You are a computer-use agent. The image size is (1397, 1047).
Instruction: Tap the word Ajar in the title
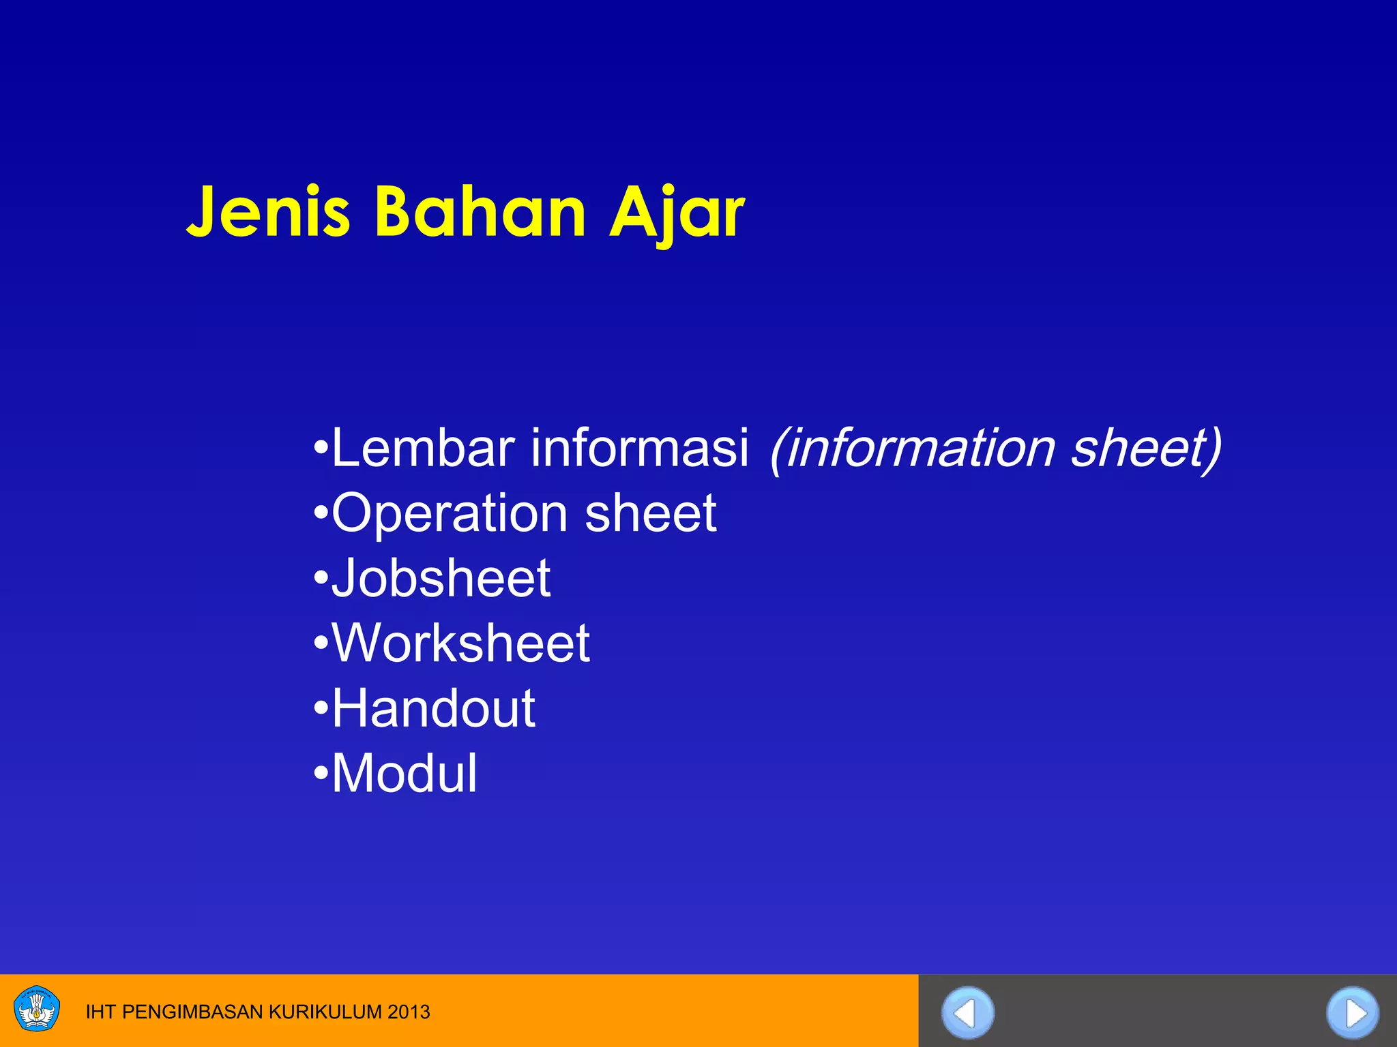tap(677, 213)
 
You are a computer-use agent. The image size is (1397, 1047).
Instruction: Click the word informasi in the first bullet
tap(640, 448)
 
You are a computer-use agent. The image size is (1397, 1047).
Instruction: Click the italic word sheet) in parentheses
tap(1146, 448)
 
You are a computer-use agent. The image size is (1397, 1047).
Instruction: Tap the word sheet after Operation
tap(650, 513)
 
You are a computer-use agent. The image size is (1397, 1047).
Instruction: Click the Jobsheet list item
tap(441, 578)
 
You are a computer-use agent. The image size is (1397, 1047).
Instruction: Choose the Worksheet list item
tap(460, 643)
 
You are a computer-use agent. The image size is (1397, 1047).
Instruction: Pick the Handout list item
tap(433, 708)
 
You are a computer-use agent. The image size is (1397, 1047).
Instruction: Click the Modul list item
tap(404, 774)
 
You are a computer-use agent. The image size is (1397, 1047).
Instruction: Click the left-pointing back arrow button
tap(967, 1013)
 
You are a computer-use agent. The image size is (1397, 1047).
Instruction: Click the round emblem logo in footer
tap(37, 1009)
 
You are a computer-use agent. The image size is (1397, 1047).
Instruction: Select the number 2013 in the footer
tap(409, 1012)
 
